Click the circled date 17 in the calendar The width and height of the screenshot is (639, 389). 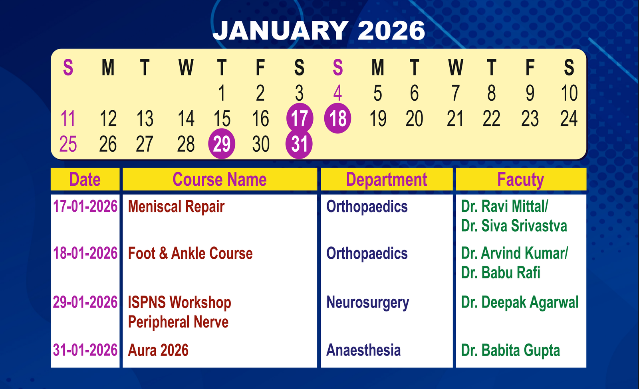coord(300,118)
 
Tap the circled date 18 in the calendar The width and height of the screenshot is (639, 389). coord(337,118)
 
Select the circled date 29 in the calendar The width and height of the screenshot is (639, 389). coord(222,143)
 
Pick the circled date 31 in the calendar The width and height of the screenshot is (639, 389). coord(299,143)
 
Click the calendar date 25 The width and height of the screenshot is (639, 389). coord(68,144)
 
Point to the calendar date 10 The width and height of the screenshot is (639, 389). coord(569,93)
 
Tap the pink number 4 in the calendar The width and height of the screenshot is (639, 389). coord(338,93)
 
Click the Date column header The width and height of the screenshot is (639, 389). coord(85,179)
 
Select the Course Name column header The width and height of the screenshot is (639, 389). coord(220,179)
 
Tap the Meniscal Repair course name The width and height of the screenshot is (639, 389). coord(176,206)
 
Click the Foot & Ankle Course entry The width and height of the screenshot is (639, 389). coord(190,253)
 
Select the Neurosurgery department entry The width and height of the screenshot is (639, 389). coord(367,303)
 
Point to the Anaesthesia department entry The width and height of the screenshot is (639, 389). coord(363,350)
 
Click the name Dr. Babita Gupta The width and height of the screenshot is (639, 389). coord(510,351)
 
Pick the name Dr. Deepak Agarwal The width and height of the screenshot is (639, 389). coord(520,303)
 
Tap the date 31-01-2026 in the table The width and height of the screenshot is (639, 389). coord(85,350)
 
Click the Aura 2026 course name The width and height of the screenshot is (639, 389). coord(158,350)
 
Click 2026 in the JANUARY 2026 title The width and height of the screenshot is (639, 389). coord(391,30)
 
